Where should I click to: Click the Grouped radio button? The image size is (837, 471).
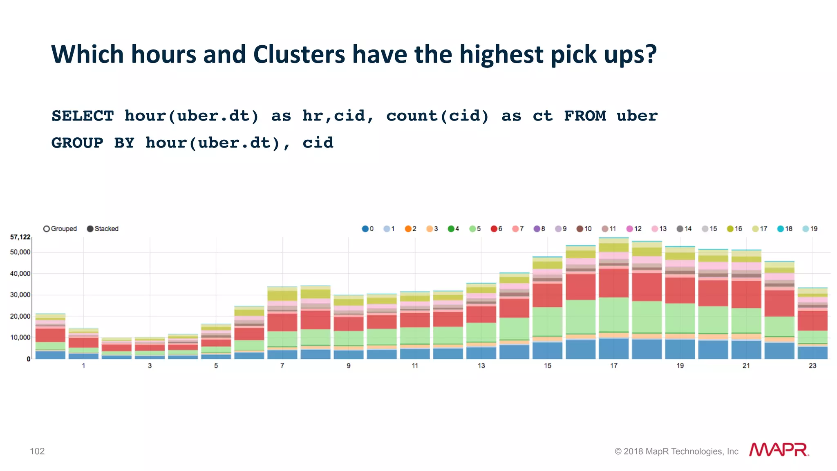click(47, 229)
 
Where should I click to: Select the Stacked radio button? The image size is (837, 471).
click(90, 229)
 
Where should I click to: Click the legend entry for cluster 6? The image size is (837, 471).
click(494, 229)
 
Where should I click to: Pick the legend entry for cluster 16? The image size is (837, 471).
click(730, 229)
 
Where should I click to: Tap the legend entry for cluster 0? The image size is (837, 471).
click(365, 229)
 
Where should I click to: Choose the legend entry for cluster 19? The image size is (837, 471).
click(806, 229)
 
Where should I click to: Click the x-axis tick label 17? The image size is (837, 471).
click(614, 366)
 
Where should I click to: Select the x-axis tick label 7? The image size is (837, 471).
click(282, 366)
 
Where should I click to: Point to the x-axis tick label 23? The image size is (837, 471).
click(812, 366)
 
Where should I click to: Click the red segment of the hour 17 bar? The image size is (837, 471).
click(614, 283)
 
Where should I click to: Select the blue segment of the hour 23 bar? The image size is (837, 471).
click(812, 353)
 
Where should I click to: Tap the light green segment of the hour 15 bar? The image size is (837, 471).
click(548, 321)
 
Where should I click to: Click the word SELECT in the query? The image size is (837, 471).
click(83, 116)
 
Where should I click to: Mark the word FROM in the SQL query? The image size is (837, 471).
click(585, 116)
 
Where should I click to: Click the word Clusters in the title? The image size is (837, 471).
click(299, 54)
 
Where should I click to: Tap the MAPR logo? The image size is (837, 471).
click(779, 450)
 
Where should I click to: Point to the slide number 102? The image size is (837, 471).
click(37, 451)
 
